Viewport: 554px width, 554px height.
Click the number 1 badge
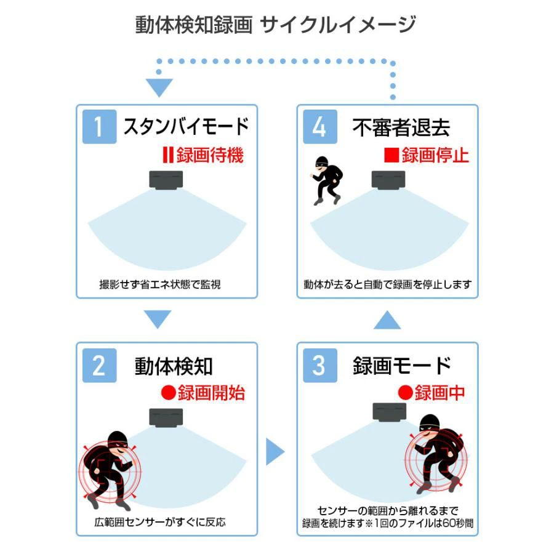point(99,126)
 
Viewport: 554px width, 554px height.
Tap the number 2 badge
point(99,365)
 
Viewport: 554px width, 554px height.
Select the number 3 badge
point(320,365)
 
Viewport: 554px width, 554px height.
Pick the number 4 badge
point(320,126)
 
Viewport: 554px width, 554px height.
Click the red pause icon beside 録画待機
point(168,155)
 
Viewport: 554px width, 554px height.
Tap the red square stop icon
point(391,155)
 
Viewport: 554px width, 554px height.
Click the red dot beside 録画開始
point(169,393)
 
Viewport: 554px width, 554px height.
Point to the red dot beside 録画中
point(405,393)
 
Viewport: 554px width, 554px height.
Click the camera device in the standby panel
point(166,180)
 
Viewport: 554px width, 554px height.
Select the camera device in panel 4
point(388,180)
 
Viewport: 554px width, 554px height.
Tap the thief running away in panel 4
point(326,180)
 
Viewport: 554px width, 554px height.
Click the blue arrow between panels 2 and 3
point(275,452)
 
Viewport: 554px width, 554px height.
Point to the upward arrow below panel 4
point(387,319)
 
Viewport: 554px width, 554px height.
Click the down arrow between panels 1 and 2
point(158,319)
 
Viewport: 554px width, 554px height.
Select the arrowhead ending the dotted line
point(159,87)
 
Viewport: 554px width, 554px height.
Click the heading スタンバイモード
point(186,126)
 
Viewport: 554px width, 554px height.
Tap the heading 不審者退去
point(401,127)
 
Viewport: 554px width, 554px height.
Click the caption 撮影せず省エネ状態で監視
point(160,284)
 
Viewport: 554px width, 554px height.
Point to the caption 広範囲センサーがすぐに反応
point(160,522)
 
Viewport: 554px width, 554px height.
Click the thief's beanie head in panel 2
point(118,441)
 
